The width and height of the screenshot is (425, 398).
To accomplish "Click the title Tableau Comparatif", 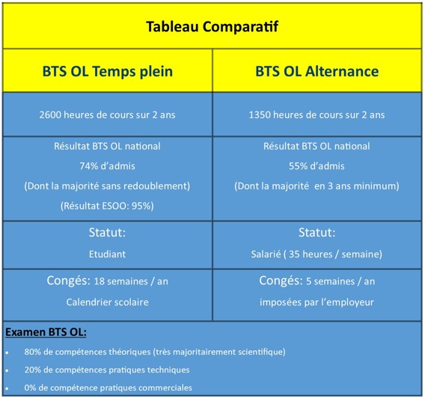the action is pos(212,27).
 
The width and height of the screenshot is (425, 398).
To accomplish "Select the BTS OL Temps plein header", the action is pos(108,72).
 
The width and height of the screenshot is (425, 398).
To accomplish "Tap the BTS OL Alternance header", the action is pos(317,72).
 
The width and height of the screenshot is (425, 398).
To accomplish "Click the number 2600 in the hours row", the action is pos(50,115).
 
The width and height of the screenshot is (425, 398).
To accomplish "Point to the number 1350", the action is pos(260,115).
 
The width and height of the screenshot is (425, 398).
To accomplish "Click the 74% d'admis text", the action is pos(107,166).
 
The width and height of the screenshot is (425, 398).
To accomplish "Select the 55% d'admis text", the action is pos(317,166).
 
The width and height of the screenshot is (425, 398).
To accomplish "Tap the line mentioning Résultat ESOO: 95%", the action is pos(107,206).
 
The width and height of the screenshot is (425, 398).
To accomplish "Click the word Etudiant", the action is pos(107,254).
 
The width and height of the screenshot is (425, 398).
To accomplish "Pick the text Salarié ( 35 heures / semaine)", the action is pos(317,254).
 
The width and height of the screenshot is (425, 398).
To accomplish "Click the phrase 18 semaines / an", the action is pos(131,281).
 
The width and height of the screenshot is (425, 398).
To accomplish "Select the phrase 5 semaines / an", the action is pos(340,281).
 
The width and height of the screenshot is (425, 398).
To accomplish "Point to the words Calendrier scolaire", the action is pos(107,302).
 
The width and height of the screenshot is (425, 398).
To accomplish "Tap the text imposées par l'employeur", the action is pos(317,302).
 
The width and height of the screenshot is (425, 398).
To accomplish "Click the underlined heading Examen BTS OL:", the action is pos(46,332).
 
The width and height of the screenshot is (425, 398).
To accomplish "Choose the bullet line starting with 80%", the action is pos(155,352).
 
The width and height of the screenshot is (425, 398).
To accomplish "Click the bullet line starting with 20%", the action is pos(107,370).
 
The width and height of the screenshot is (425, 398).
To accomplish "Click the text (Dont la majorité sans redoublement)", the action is pos(107,186).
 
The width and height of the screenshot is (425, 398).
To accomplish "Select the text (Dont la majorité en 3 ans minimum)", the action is pos(317,186).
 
